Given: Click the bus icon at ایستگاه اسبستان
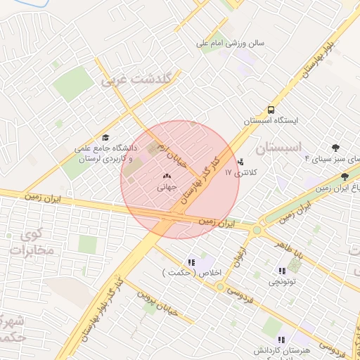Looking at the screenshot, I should pyautogui.click(x=271, y=110).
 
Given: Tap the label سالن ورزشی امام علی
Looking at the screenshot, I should pyautogui.click(x=230, y=43).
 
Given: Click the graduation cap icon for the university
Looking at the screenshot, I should pyautogui.click(x=105, y=138).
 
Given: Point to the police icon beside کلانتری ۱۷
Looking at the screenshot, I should pyautogui.click(x=242, y=162).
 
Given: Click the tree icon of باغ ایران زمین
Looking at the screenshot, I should pyautogui.click(x=344, y=177).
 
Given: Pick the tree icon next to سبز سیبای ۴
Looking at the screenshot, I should pyautogui.click(x=335, y=148).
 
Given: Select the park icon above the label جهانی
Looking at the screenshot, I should pyautogui.click(x=167, y=176).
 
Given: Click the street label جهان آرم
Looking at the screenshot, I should pyautogui.click(x=174, y=155).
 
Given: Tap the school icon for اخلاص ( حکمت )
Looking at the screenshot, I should pyautogui.click(x=191, y=262).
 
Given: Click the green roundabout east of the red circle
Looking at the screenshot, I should pyautogui.click(x=257, y=229).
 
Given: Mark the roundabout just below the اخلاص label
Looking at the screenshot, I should pyautogui.click(x=220, y=287).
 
